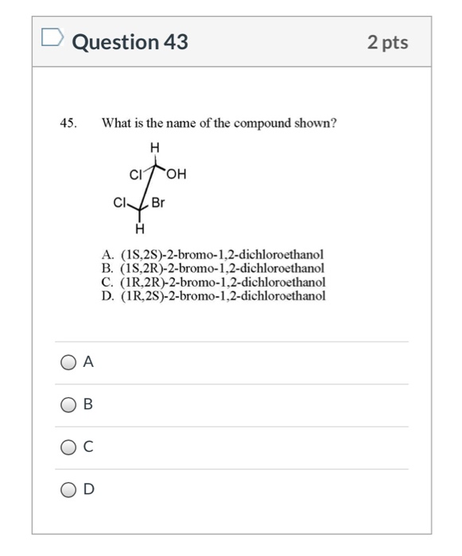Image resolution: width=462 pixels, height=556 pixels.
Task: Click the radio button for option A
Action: (x=70, y=362)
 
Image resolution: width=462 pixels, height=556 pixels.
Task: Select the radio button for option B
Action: (x=70, y=404)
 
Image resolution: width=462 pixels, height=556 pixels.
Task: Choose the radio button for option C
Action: (x=70, y=446)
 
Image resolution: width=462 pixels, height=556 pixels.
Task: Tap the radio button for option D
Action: (x=70, y=489)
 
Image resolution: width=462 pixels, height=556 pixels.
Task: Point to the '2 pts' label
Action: (x=387, y=42)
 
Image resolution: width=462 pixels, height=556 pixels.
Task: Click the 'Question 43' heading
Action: (x=130, y=42)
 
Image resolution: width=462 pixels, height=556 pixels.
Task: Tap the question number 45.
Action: (x=69, y=124)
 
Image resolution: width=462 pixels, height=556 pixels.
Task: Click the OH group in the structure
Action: (x=176, y=175)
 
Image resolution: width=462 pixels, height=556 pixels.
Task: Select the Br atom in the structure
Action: (x=158, y=203)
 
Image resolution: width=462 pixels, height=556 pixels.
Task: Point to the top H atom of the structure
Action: (x=154, y=147)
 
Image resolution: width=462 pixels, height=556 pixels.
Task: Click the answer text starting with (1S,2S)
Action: (x=222, y=255)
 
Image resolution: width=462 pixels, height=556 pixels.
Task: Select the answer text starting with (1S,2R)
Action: (x=222, y=268)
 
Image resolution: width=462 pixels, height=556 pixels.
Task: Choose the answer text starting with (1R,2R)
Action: (x=222, y=281)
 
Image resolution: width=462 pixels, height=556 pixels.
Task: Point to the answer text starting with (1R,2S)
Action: (x=222, y=295)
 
